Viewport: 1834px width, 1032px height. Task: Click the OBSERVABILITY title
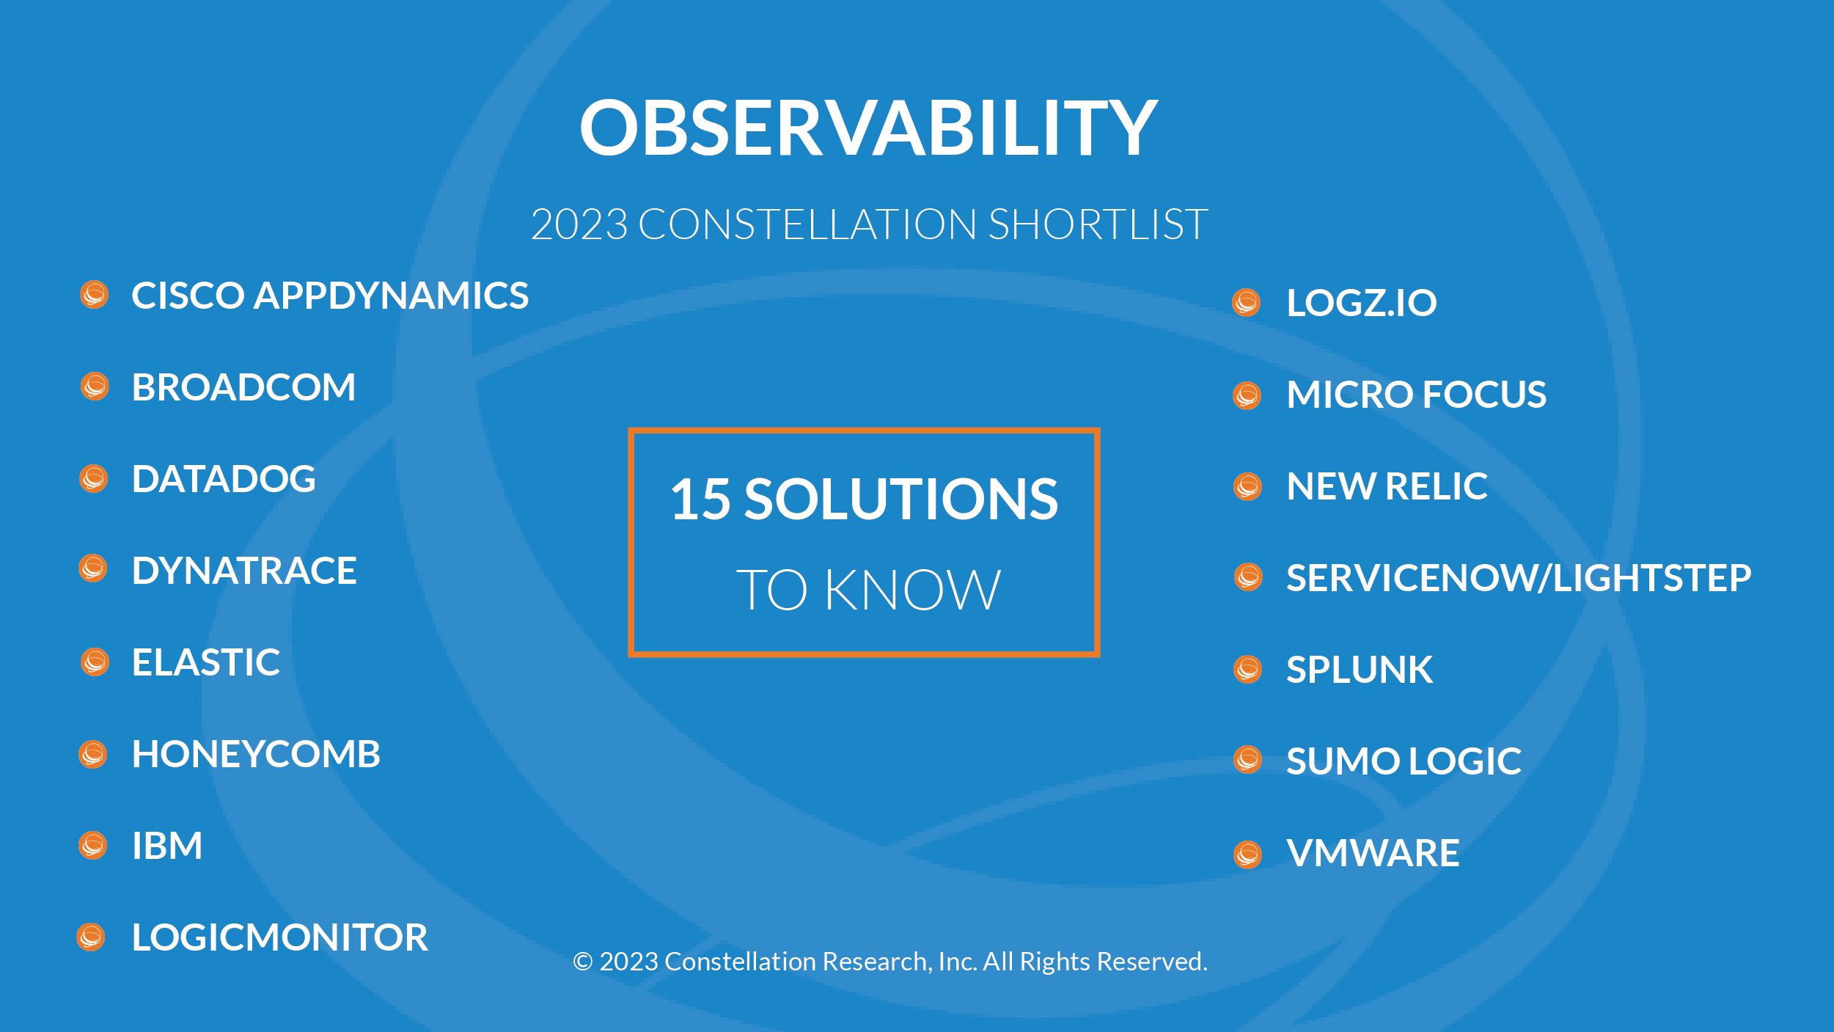[x=868, y=128]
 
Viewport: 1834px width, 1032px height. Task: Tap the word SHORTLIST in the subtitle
[x=1098, y=224]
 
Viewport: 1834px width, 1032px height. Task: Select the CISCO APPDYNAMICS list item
[x=330, y=296]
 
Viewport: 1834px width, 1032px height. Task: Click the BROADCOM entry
[x=243, y=387]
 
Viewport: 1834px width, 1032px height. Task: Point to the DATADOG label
[x=224, y=479]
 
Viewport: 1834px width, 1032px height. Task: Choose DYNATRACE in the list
[x=244, y=571]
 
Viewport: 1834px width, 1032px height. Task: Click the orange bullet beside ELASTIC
[x=95, y=662]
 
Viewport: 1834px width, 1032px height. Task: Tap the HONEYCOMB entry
[x=256, y=754]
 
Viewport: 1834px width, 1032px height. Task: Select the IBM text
[x=167, y=846]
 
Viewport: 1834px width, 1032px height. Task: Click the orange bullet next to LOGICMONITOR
[x=91, y=937]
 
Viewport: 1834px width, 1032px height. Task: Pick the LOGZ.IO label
[x=1362, y=303]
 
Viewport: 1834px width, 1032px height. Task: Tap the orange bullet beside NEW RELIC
[x=1247, y=486]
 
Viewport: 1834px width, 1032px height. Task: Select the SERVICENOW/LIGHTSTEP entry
[x=1519, y=578]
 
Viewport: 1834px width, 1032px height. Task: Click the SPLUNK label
[x=1360, y=670]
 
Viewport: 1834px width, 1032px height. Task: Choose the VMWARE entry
[x=1373, y=853]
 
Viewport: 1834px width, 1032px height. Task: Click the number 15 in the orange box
[x=700, y=499]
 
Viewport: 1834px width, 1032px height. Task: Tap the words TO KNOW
[x=868, y=590]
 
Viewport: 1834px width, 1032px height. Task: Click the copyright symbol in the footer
[x=583, y=962]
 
